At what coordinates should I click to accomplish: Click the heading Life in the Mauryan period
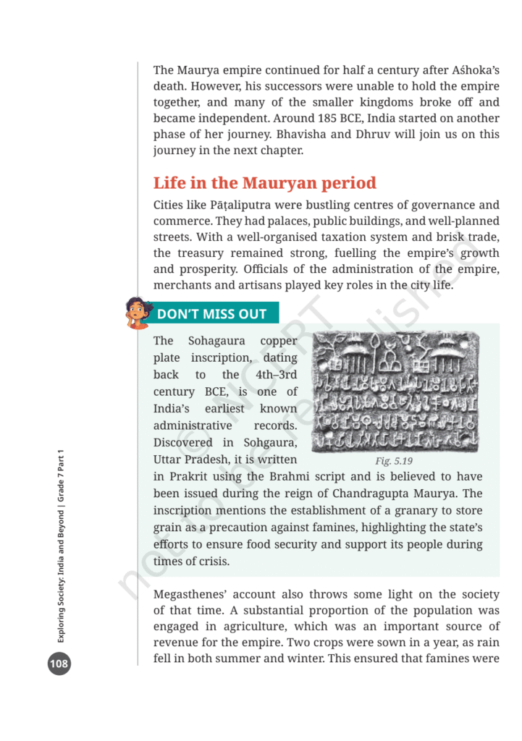pos(264,183)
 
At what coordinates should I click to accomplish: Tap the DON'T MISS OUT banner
pos(211,314)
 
